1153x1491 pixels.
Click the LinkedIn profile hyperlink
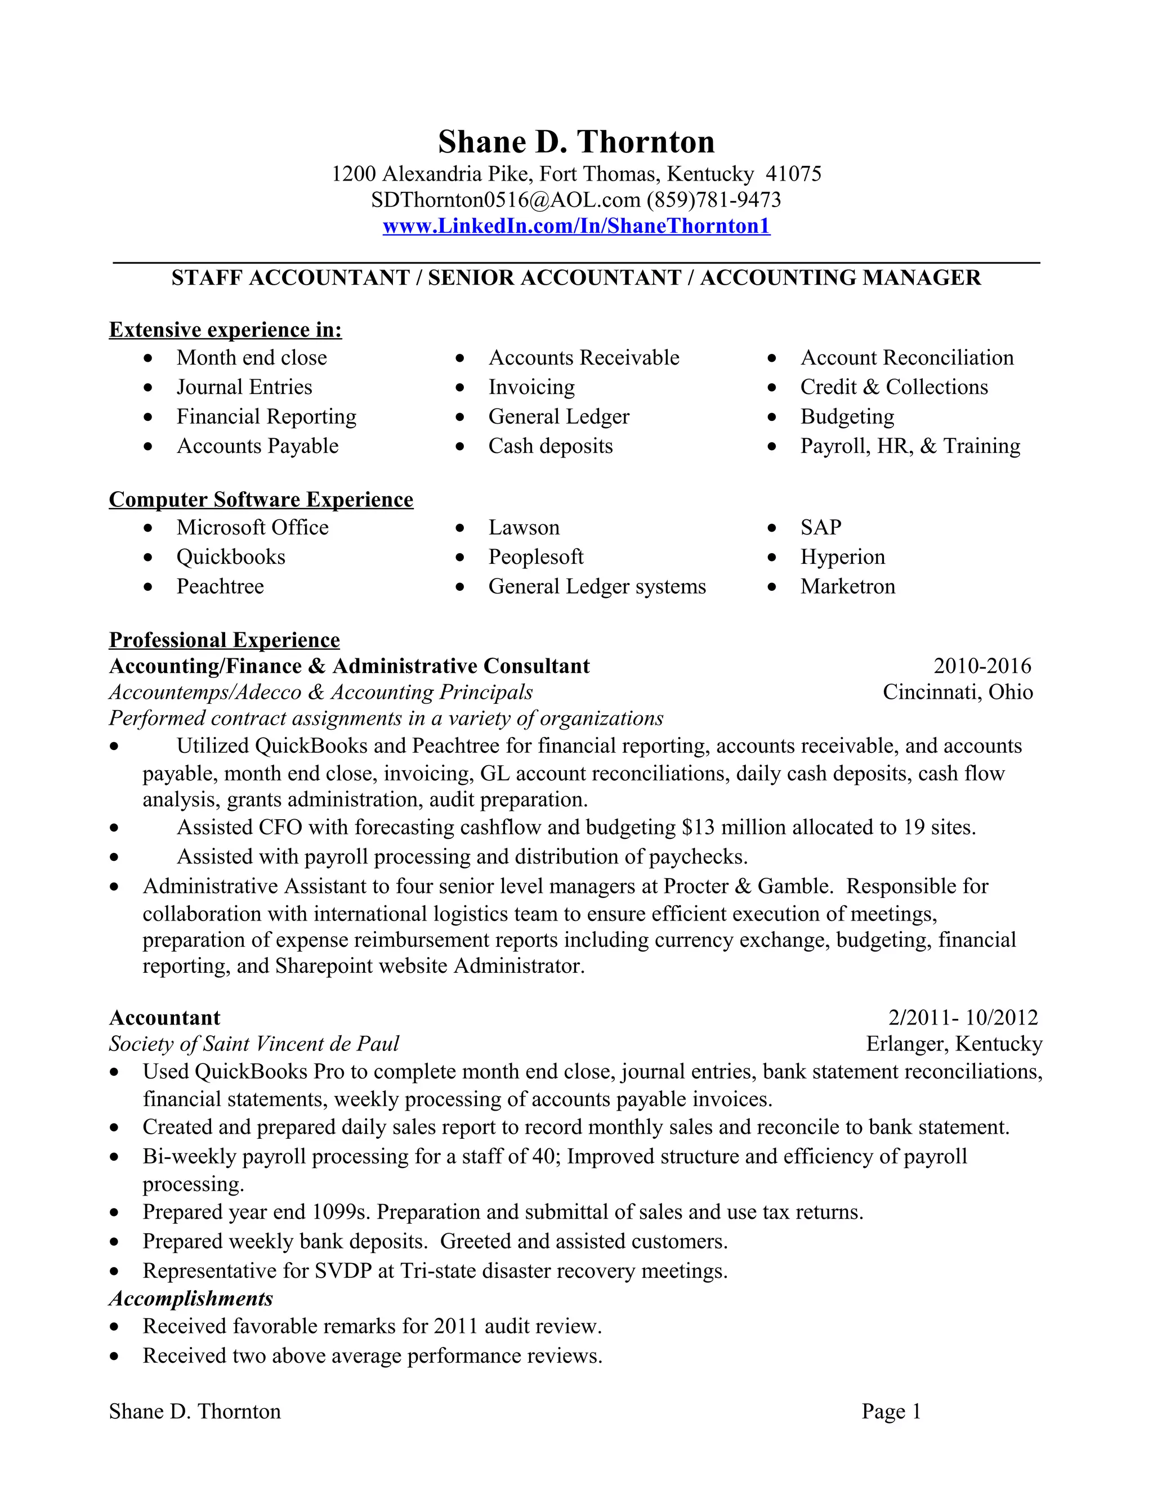(576, 226)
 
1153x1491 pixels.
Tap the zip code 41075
(793, 174)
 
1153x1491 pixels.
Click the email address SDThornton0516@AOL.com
(506, 200)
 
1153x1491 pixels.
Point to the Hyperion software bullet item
(842, 557)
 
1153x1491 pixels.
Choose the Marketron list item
(847, 586)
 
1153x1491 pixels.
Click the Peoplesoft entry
(535, 557)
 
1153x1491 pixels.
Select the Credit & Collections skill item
(893, 387)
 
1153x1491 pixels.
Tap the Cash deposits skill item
(551, 446)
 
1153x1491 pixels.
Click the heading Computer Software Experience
(261, 500)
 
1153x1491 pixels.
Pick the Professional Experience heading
(224, 640)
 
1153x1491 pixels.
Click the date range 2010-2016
(982, 666)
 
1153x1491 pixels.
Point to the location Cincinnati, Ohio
(958, 692)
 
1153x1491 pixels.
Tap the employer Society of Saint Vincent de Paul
(254, 1044)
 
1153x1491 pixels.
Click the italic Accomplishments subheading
(191, 1299)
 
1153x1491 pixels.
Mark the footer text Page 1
(891, 1411)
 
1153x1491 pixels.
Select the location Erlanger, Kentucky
(954, 1044)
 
